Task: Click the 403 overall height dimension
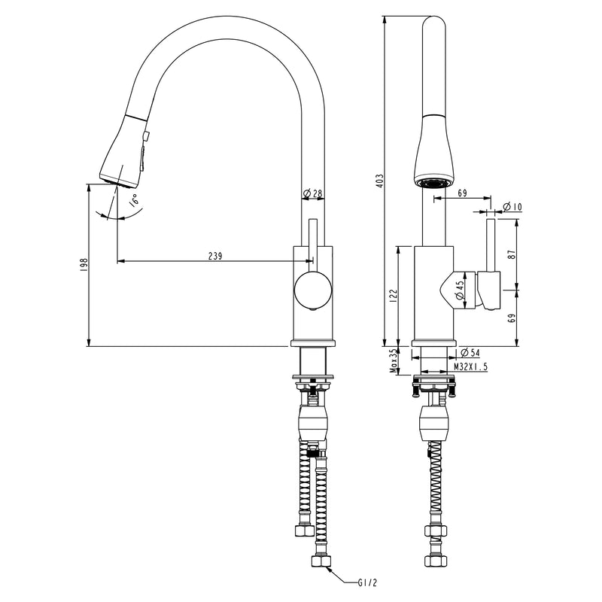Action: tap(380, 180)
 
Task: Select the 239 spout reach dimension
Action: tap(214, 256)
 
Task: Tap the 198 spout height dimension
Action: tap(84, 265)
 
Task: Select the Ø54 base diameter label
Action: tap(464, 352)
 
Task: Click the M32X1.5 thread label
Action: tap(471, 366)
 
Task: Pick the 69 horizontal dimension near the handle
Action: tap(462, 194)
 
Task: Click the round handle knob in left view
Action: tap(311, 290)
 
